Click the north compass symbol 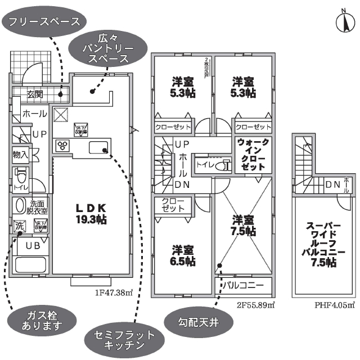pos(344,21)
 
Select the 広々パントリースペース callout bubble pos(106,48)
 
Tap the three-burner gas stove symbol pos(61,146)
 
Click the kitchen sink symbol pos(98,148)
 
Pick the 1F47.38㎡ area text pos(114,292)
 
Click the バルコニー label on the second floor pos(244,285)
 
